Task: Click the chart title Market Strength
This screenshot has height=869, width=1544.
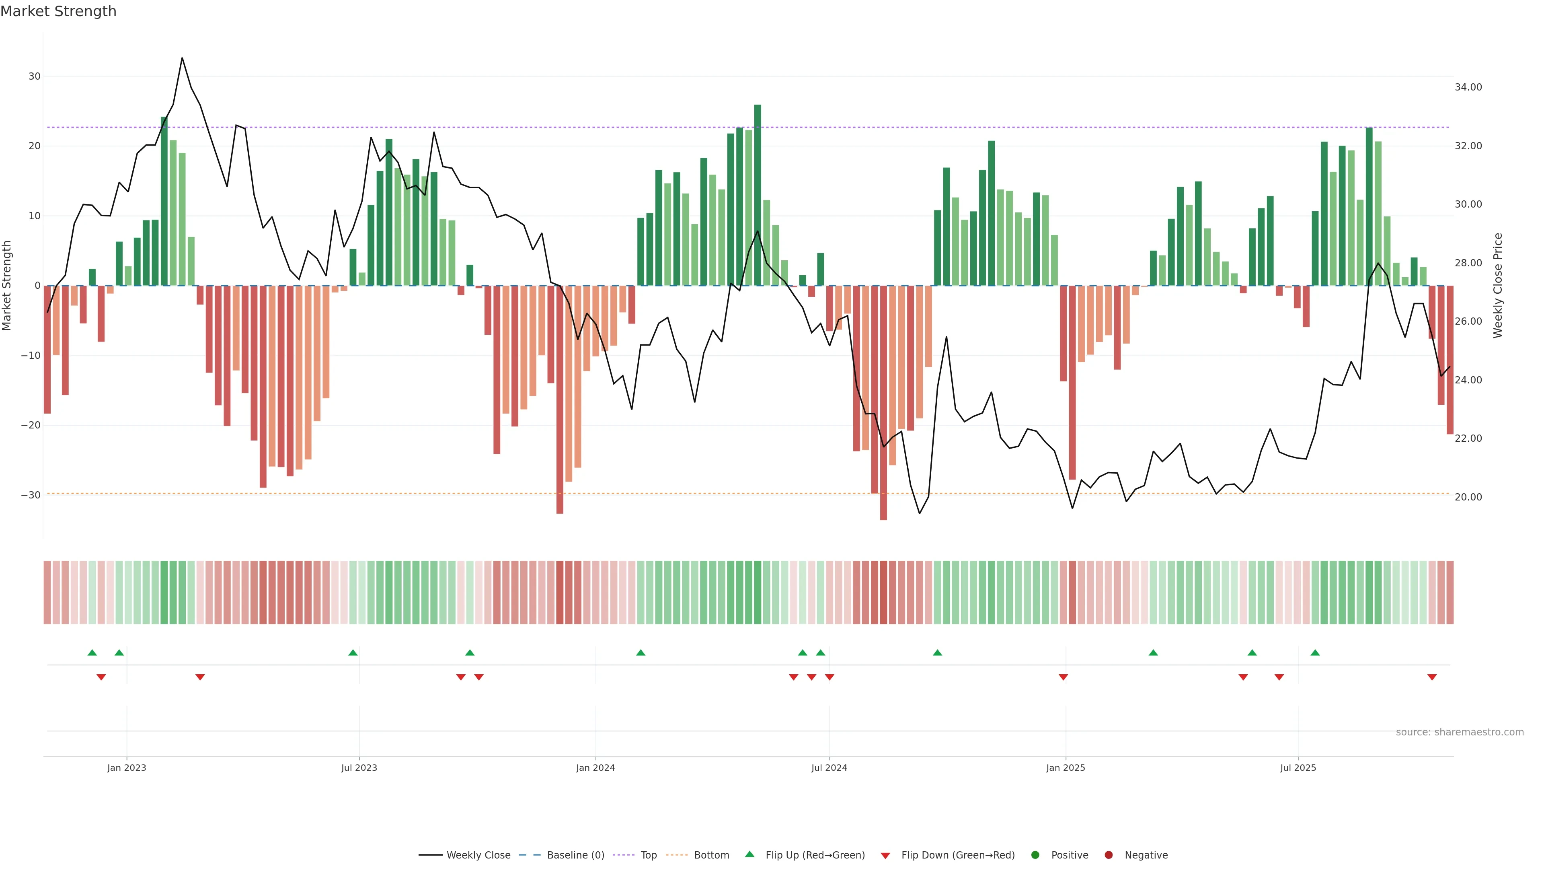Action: coord(58,11)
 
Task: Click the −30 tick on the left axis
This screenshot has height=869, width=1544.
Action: coord(31,495)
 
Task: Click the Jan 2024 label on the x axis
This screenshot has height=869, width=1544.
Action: coord(595,768)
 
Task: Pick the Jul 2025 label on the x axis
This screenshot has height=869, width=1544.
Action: coord(1298,768)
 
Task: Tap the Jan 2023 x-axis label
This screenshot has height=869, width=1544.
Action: coord(127,768)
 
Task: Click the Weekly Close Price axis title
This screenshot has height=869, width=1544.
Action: coord(1498,286)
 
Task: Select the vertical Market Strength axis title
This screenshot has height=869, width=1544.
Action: coord(7,286)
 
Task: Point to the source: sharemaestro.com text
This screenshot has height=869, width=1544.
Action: coord(1460,732)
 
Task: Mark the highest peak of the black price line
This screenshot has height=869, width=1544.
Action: coord(182,58)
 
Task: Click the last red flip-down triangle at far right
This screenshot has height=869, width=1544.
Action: coord(1432,677)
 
